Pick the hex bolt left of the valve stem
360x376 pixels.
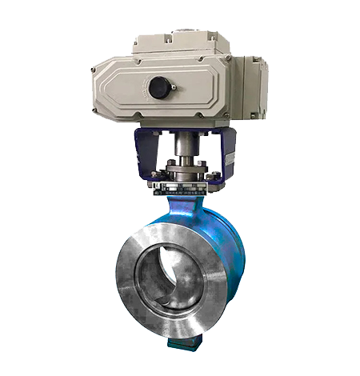tap(169, 170)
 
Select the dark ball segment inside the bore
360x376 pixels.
tap(152, 276)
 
